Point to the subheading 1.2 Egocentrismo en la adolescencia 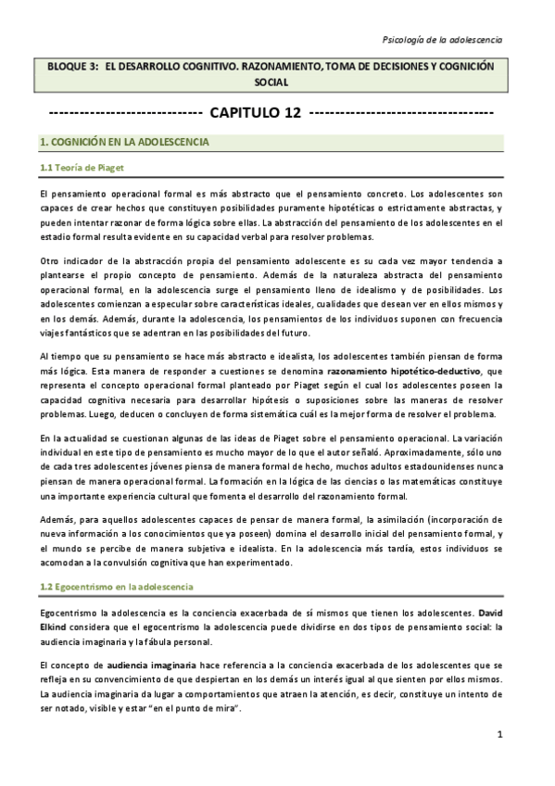pyautogui.click(x=117, y=589)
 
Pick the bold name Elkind pyautogui.click(x=56, y=628)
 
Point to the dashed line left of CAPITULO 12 pyautogui.click(x=123, y=113)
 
